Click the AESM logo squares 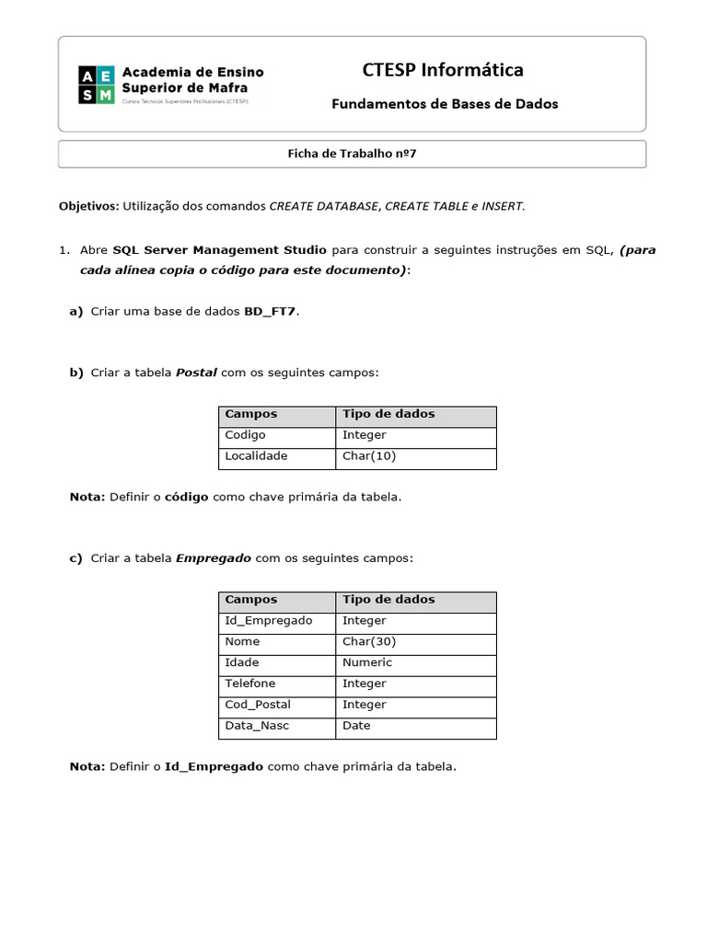(x=96, y=85)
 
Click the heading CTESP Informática (x=443, y=70)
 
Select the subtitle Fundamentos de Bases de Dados (x=445, y=104)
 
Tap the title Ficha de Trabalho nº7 (x=352, y=154)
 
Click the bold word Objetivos (x=88, y=206)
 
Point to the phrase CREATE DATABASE (x=324, y=206)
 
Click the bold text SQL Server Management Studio (x=219, y=250)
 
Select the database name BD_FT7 (x=271, y=312)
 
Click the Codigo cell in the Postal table (x=245, y=435)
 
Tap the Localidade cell (x=256, y=456)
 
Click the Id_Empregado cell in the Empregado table (x=269, y=621)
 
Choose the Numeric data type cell (x=366, y=663)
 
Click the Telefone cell (x=251, y=684)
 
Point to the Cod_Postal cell (x=258, y=705)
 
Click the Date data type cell (x=356, y=726)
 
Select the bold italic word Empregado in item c (x=213, y=558)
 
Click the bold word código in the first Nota (x=186, y=497)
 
